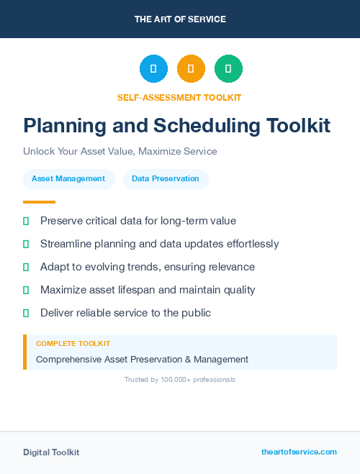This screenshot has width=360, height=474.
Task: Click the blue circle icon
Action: point(153,68)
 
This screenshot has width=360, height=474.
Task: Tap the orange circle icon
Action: point(191,68)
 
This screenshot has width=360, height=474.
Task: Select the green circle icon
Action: point(228,68)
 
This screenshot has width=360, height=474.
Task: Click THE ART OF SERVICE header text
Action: point(180,19)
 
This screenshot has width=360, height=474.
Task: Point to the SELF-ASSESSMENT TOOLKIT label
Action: point(179,97)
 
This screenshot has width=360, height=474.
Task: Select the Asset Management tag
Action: point(68,179)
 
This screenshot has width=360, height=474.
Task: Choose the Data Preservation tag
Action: point(166,179)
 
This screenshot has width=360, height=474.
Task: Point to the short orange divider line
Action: point(39,202)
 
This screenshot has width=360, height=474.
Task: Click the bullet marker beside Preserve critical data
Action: point(26,221)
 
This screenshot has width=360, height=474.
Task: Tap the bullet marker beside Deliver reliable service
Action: point(26,313)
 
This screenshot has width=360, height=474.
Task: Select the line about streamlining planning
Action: point(159,244)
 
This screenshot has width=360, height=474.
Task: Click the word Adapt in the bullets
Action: point(55,267)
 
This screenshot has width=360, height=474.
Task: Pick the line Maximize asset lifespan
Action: point(148,290)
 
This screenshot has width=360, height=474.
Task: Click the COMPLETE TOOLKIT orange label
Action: point(73,344)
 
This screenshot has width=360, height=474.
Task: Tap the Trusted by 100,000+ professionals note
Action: point(180,379)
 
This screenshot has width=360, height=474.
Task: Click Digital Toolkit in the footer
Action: point(51,452)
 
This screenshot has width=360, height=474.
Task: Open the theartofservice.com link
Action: point(299,452)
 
